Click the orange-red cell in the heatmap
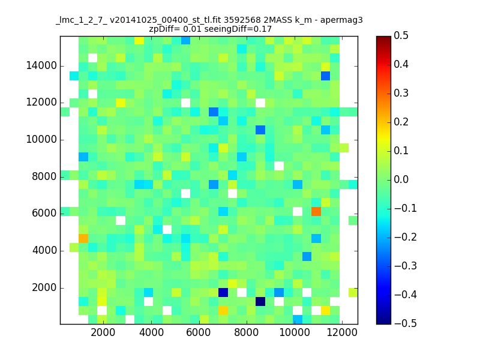316,212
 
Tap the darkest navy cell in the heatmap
260,302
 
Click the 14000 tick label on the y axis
41,65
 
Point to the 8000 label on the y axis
44,176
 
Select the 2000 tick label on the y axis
44,288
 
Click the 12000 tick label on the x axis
341,332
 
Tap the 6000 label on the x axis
199,332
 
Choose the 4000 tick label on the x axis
151,332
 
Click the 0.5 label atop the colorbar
401,36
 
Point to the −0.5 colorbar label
406,323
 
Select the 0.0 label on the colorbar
401,179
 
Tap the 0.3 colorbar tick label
401,94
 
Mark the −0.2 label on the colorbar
406,237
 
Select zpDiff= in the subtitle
164,29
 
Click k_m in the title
304,20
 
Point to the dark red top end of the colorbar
383,38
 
